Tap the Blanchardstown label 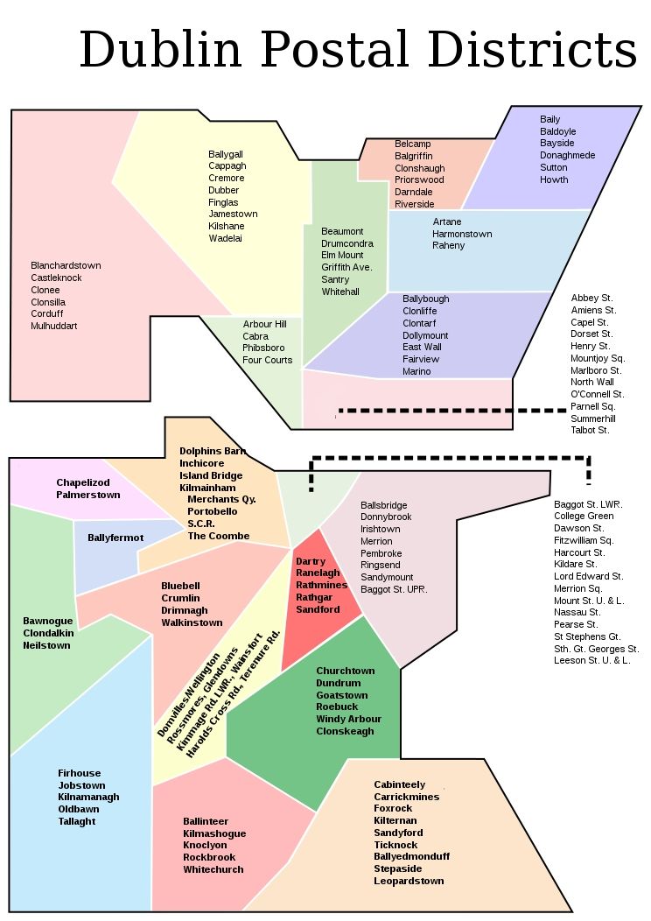tap(66, 265)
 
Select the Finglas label tap(223, 202)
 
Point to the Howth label tap(554, 179)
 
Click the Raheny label tap(449, 245)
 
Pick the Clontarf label tap(420, 323)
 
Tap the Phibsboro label tap(265, 348)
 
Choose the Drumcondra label tap(347, 243)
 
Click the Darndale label tap(414, 192)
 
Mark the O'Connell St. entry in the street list tap(597, 395)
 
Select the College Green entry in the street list tap(583, 517)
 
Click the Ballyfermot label tap(115, 538)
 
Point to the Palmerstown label tap(88, 495)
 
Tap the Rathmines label tap(322, 585)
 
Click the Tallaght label tap(77, 821)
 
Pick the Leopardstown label tap(409, 881)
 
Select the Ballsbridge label tap(383, 505)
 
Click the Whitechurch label tap(213, 869)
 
